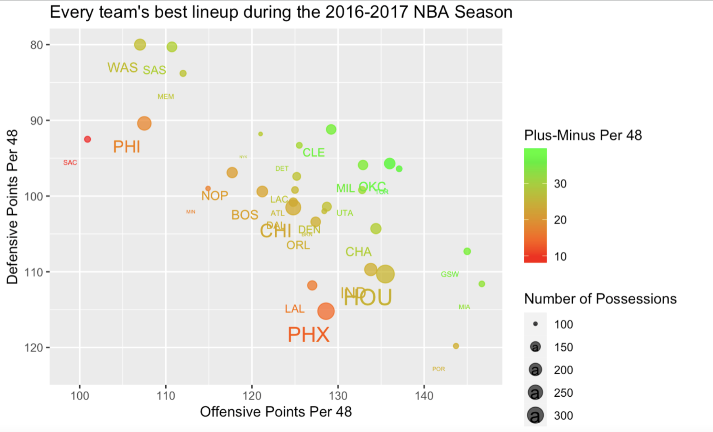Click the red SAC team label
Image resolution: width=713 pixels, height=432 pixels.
coord(70,163)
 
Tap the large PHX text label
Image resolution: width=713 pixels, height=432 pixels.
coord(309,335)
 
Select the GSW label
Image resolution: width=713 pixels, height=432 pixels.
coord(450,274)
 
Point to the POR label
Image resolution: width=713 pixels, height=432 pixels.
coord(438,369)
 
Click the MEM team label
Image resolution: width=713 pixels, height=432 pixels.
coord(166,97)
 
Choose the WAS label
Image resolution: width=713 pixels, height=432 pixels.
coord(123,68)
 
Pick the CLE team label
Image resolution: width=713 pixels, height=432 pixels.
coord(313,153)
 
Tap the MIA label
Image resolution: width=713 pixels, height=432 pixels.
coord(464,307)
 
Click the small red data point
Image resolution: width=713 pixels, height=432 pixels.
coord(87,139)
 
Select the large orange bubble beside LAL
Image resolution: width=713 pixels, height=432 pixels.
coord(326,311)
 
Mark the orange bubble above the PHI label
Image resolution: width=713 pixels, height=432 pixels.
coord(144,123)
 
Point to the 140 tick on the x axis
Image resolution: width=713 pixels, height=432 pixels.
coord(424,396)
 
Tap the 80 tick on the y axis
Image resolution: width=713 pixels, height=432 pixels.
coord(37,45)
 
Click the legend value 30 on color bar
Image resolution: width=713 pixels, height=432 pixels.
coord(560,184)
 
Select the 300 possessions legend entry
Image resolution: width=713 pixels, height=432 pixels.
coord(563,416)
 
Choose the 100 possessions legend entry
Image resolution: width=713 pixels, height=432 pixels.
coord(563,324)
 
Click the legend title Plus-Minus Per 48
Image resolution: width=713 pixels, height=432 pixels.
coord(583,135)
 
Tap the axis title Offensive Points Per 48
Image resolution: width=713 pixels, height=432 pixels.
coord(276,412)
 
